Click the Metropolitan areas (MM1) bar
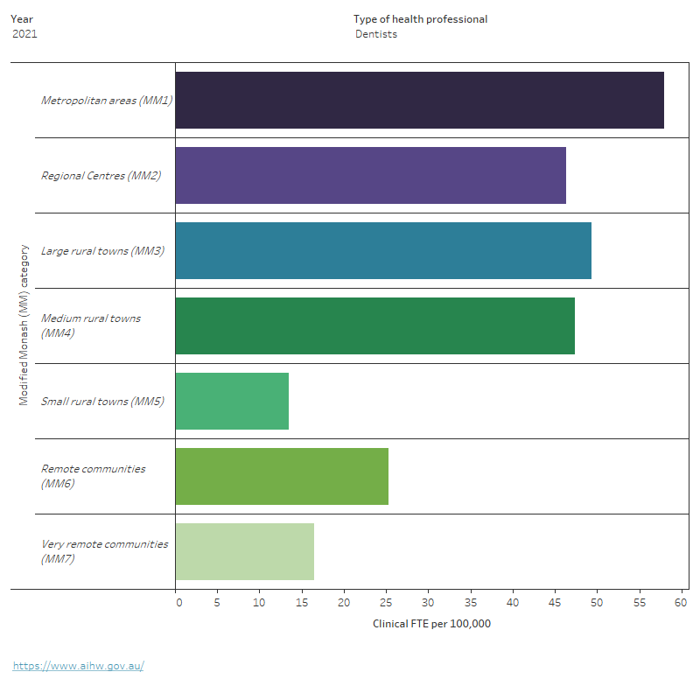[x=419, y=100]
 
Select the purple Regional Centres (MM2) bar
[x=370, y=175]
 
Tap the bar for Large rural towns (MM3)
[x=383, y=250]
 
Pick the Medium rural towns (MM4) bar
[x=374, y=325]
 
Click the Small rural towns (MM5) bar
[x=232, y=401]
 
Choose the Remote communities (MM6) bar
[x=282, y=476]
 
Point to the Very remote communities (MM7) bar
[x=244, y=551]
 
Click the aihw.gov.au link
[x=78, y=666]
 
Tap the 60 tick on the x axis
[x=682, y=603]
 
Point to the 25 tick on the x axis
[x=387, y=603]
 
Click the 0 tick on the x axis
[x=178, y=603]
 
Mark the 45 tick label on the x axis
[x=555, y=603]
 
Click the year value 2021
[x=25, y=34]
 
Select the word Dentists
[x=376, y=34]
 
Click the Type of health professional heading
[x=420, y=19]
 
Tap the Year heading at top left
[x=22, y=19]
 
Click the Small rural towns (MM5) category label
[x=102, y=402]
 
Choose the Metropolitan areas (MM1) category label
[x=106, y=101]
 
